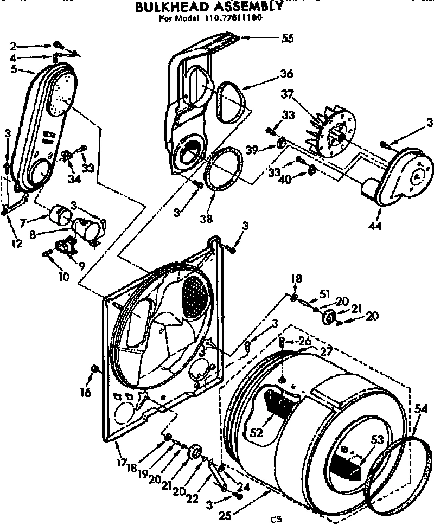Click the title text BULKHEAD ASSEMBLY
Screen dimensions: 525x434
[x=209, y=8]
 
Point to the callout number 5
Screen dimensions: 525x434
[x=14, y=69]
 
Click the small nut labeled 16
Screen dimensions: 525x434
[x=95, y=370]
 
